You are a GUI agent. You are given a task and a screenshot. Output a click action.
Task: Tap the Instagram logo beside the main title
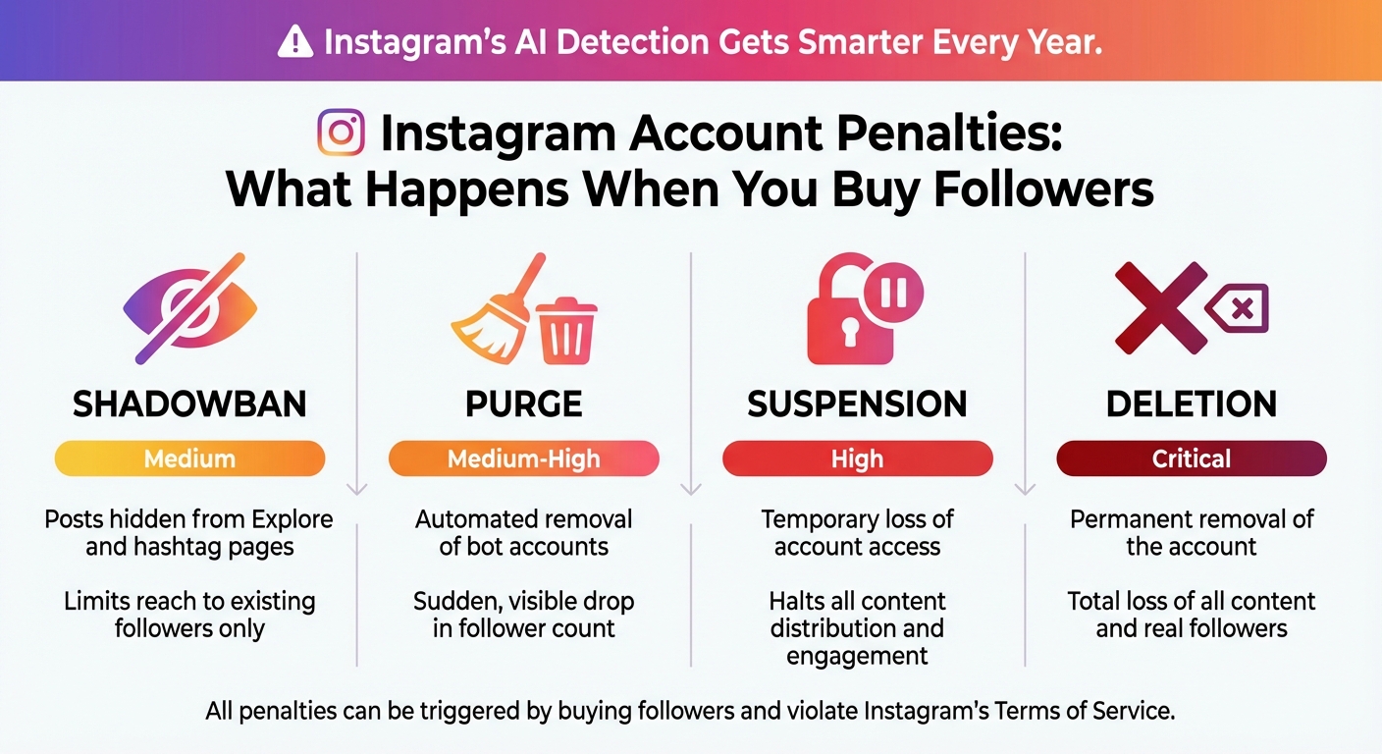342,134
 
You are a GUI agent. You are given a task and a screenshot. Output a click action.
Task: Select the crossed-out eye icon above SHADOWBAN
190,308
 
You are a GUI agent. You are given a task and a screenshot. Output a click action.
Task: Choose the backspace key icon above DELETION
1239,308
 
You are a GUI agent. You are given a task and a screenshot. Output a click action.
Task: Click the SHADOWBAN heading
189,404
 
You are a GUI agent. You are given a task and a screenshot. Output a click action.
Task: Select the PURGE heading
524,404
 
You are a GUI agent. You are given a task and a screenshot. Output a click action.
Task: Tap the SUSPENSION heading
857,404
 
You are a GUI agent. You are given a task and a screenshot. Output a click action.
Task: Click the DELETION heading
1192,404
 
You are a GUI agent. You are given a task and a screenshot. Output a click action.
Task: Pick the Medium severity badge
189,458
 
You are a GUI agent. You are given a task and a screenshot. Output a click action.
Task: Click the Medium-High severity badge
524,458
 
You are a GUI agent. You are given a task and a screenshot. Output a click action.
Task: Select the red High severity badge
857,458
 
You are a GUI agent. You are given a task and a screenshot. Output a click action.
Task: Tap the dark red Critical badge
1192,458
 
